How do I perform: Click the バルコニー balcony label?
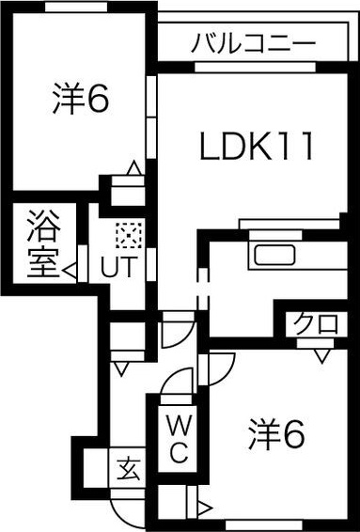pos(255,42)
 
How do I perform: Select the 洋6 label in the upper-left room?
pos(81,99)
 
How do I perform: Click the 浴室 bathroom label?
pos(42,246)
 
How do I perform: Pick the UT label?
pos(119,267)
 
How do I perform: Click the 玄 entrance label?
pos(126,467)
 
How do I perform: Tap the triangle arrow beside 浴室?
pos(70,272)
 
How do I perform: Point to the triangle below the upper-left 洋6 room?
pos(133,168)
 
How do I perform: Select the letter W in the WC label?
pos(179,425)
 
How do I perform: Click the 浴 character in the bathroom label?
pos(42,227)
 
